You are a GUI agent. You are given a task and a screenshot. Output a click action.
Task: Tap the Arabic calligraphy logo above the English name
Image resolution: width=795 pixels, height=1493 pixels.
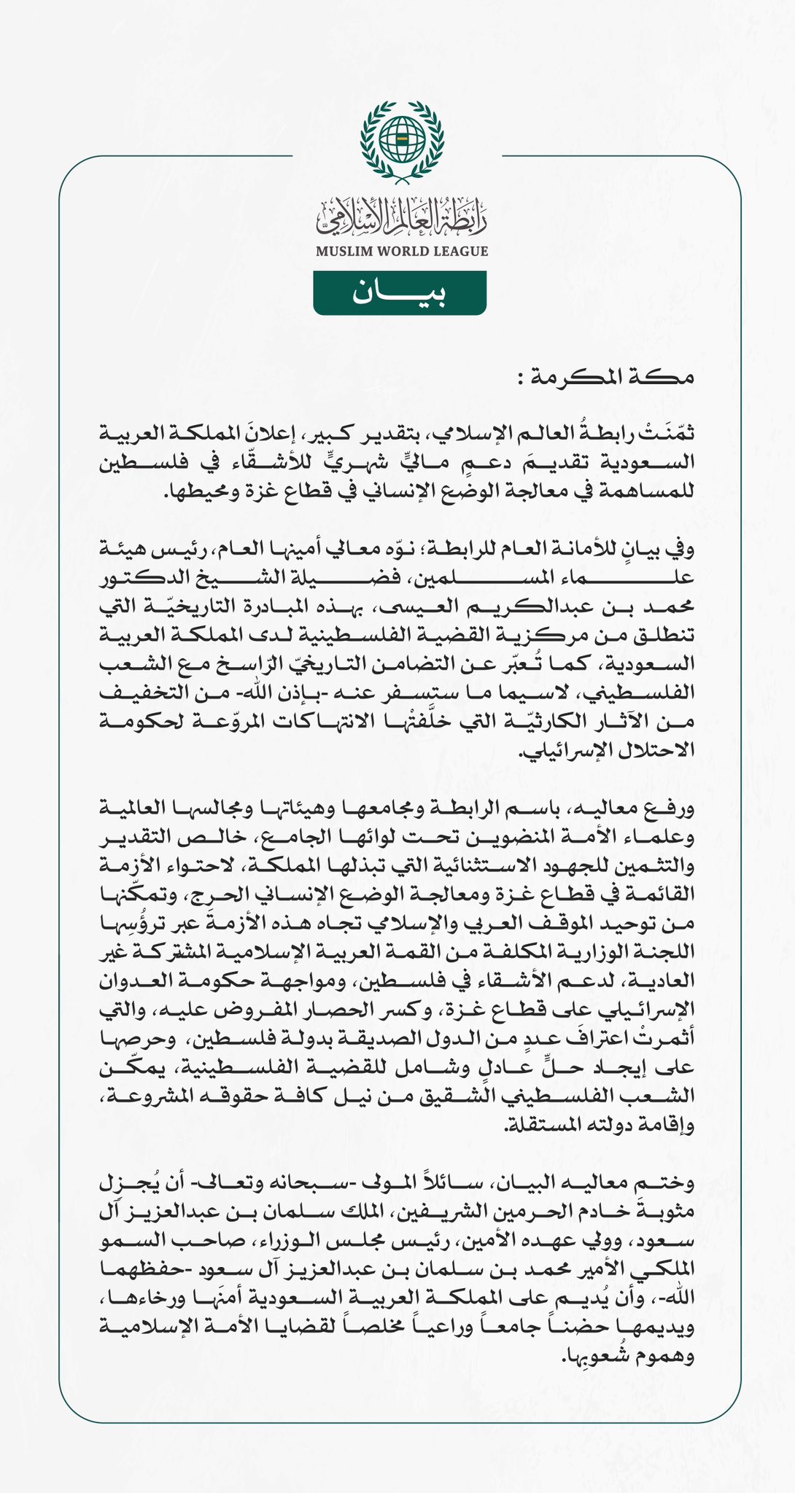400,219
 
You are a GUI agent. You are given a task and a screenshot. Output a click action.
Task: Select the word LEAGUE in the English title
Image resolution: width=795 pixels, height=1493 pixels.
460,252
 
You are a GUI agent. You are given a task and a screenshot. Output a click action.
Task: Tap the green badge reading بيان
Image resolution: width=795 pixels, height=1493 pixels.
400,293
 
